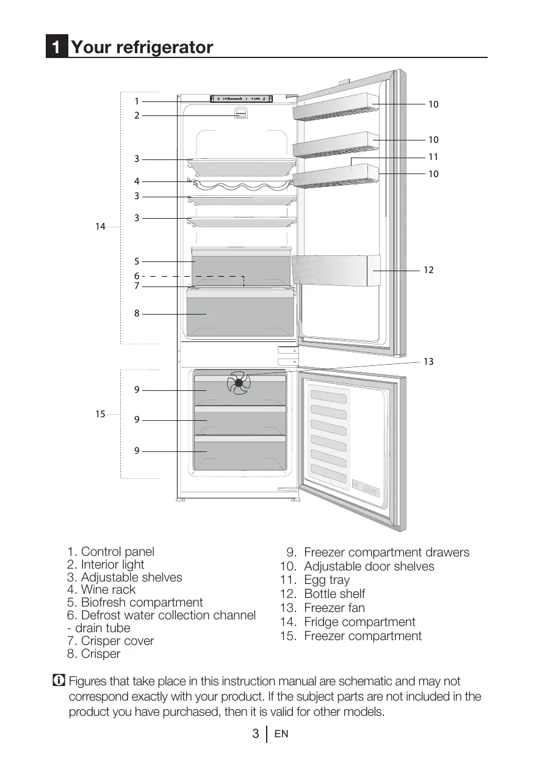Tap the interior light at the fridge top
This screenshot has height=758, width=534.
[242, 114]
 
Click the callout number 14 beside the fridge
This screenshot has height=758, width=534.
[99, 227]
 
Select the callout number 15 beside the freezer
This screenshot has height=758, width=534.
[99, 414]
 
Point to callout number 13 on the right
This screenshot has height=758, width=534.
[428, 362]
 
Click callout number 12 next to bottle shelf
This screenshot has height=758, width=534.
[428, 269]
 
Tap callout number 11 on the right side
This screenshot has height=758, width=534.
[433, 157]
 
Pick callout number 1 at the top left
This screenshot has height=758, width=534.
[137, 101]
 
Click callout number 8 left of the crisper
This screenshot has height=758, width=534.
[137, 313]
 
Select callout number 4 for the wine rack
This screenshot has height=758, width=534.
[137, 181]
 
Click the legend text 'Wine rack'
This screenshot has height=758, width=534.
[108, 589]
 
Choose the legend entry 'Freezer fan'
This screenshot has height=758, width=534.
[334, 608]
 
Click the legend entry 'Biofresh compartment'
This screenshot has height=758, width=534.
[142, 602]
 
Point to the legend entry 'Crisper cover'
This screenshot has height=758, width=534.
[117, 641]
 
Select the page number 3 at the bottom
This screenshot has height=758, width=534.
[256, 734]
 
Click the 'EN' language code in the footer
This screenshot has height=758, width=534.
[281, 734]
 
